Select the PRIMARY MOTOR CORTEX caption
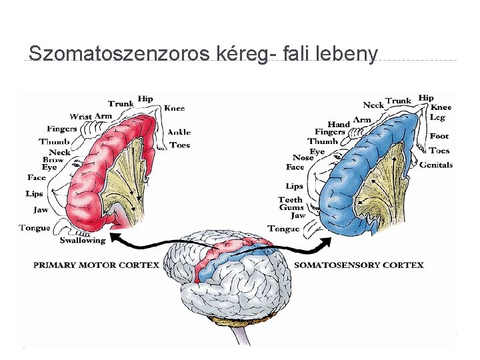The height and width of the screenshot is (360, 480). pyautogui.click(x=96, y=265)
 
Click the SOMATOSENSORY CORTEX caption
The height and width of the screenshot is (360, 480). pyautogui.click(x=359, y=265)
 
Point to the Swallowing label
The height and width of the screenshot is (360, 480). pyautogui.click(x=83, y=240)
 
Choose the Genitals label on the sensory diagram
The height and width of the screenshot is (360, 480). pyautogui.click(x=436, y=165)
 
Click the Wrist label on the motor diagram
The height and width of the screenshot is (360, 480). pyautogui.click(x=81, y=117)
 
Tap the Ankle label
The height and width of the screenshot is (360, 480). pyautogui.click(x=179, y=132)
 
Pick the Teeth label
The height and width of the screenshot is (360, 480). pyautogui.click(x=290, y=199)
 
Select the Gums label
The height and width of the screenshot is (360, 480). pyautogui.click(x=291, y=207)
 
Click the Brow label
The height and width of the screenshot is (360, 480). pyautogui.click(x=53, y=160)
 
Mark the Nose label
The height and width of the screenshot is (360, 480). pyautogui.click(x=303, y=157)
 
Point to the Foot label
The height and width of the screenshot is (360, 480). pyautogui.click(x=439, y=136)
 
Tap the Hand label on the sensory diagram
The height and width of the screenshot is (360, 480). pyautogui.click(x=339, y=124)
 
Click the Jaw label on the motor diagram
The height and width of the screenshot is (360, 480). pyautogui.click(x=41, y=209)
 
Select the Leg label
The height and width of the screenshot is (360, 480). pyautogui.click(x=437, y=117)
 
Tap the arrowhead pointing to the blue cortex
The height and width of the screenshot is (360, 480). pyautogui.click(x=327, y=239)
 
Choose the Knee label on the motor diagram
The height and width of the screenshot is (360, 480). pyautogui.click(x=175, y=108)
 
